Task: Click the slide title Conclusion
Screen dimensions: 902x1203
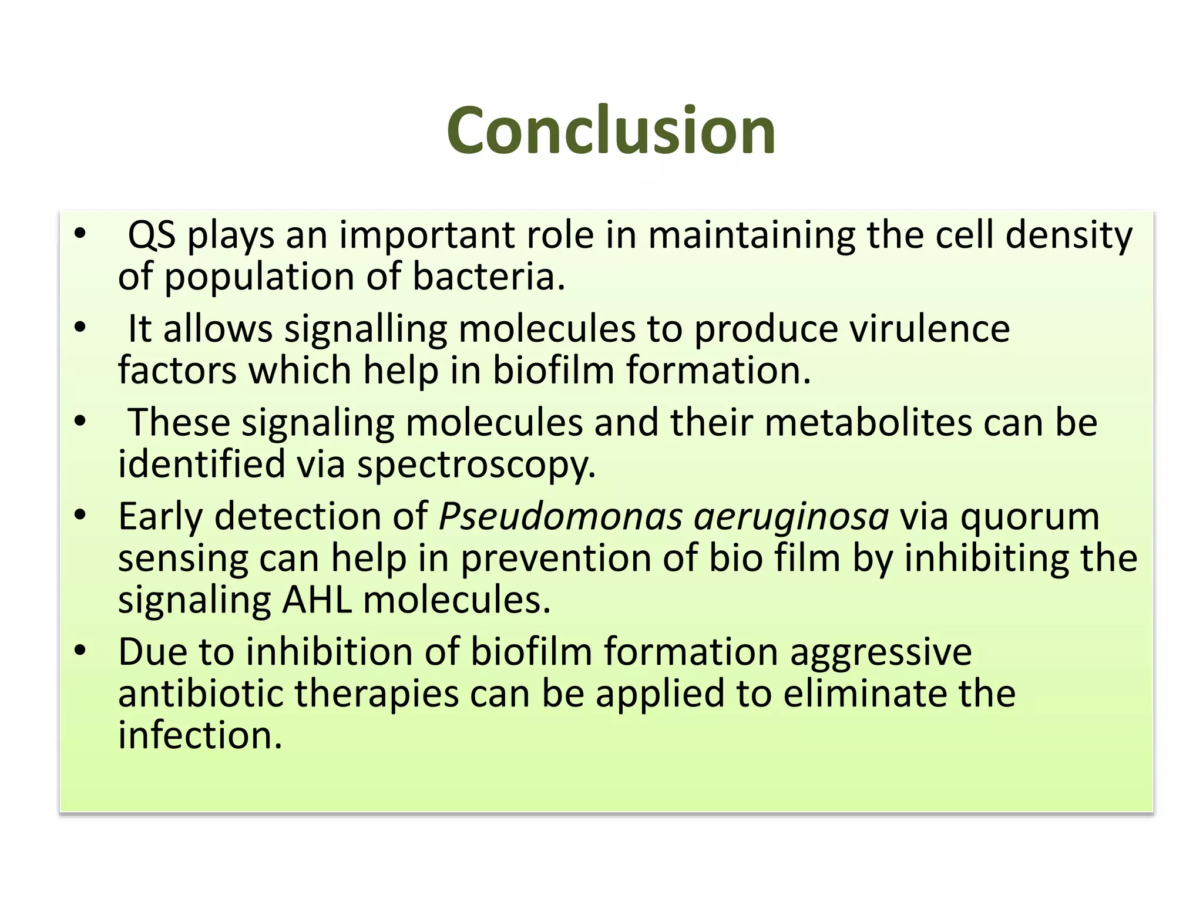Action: [x=611, y=130]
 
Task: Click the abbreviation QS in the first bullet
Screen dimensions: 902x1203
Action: [x=152, y=235]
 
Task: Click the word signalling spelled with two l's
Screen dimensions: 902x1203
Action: [x=365, y=329]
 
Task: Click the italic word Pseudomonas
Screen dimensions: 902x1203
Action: [x=560, y=517]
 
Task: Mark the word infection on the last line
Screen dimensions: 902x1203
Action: [x=200, y=735]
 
